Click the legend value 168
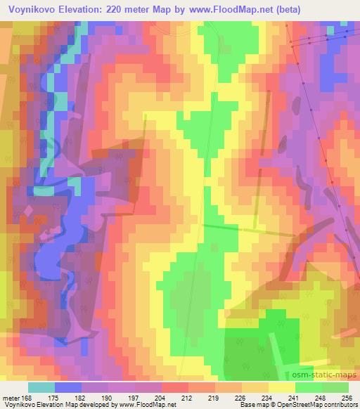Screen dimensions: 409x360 click(27, 398)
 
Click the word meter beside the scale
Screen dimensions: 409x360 click(11, 398)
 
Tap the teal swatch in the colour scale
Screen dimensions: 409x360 click(41, 387)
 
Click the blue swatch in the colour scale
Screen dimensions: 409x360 click(68, 387)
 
